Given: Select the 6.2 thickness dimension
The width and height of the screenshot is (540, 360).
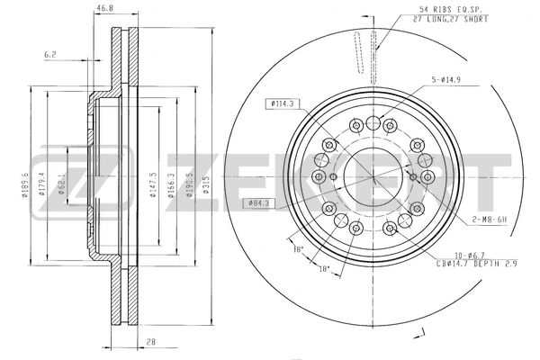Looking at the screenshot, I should pyautogui.click(x=51, y=54).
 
